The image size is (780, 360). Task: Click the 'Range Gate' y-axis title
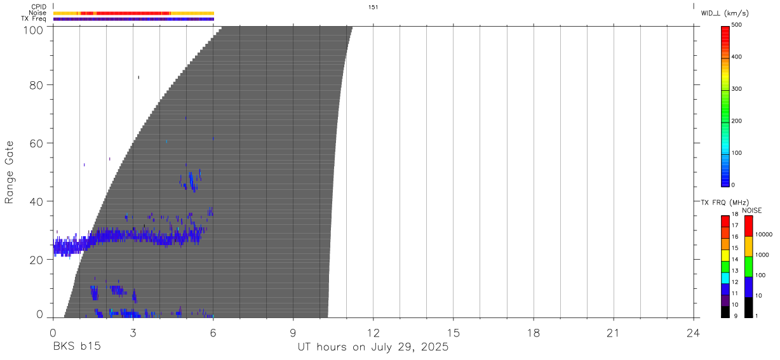[x=9, y=172]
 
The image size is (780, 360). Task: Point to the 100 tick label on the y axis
[x=33, y=30]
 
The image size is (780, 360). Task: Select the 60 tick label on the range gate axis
[x=36, y=143]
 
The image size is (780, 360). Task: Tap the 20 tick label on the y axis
[x=36, y=260]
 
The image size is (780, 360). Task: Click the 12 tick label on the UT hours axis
[x=373, y=333]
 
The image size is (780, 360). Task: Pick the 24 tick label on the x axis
[x=693, y=333]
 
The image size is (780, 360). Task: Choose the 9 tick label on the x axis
[x=293, y=333]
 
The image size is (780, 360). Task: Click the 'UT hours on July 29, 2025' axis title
[x=373, y=347]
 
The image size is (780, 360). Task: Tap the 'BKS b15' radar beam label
[x=77, y=347]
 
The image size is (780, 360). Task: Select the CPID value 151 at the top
[x=373, y=7]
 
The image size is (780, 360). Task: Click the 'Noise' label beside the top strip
[x=37, y=13]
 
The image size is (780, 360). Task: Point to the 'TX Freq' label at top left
[x=34, y=19]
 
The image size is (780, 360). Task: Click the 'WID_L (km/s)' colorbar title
[x=725, y=13]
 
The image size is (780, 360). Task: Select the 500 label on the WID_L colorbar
[x=737, y=25]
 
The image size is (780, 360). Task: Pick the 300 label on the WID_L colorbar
[x=737, y=89]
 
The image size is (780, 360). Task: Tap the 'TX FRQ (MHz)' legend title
[x=725, y=203]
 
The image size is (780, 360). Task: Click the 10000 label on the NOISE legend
[x=763, y=235]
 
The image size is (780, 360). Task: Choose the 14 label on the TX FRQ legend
[x=735, y=260]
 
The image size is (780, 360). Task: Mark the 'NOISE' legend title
[x=752, y=211]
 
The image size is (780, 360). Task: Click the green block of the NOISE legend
[x=748, y=267]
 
